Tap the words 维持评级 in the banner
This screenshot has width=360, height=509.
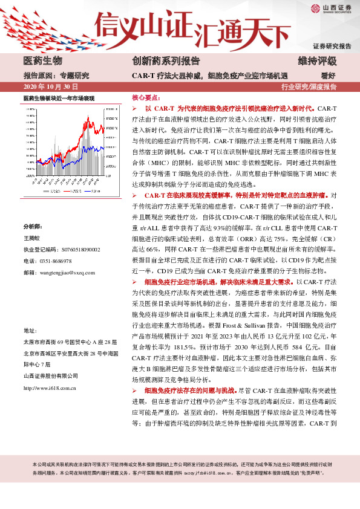pyautogui.click(x=317, y=61)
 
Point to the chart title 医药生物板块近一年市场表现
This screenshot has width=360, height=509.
pyautogui.click(x=59, y=98)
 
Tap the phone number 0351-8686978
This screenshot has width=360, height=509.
pyautogui.click(x=55, y=261)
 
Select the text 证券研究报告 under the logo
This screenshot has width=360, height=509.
pyautogui.click(x=332, y=46)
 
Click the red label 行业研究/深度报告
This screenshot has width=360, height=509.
pyautogui.click(x=309, y=87)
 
